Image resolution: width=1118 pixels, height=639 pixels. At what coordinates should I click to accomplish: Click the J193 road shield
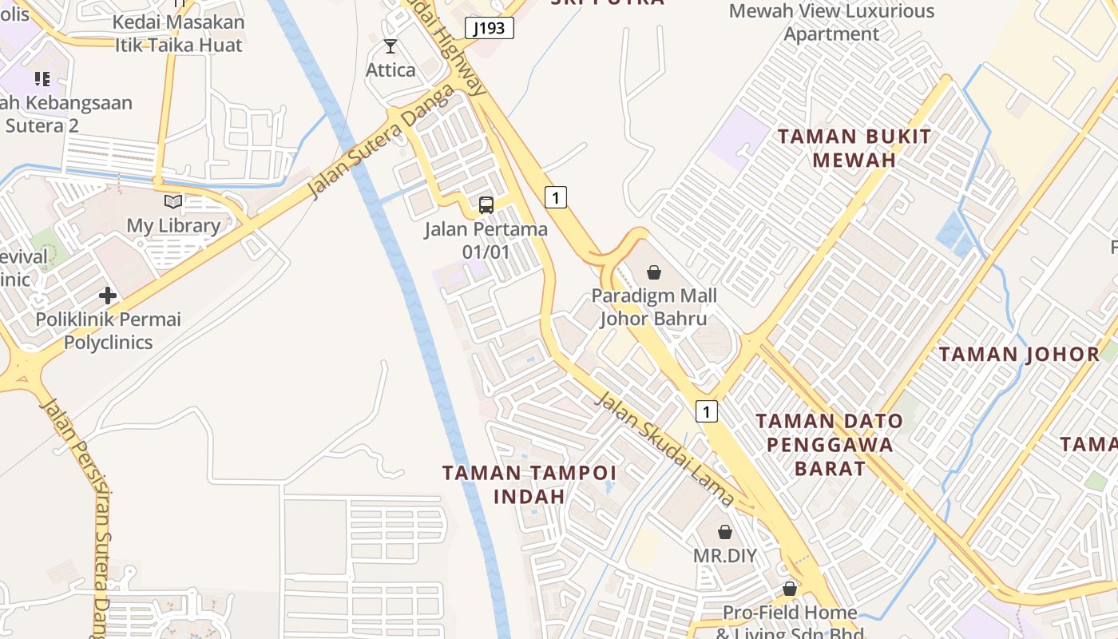coord(489,29)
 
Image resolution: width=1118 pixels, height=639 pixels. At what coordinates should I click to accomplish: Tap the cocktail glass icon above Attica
coord(391,46)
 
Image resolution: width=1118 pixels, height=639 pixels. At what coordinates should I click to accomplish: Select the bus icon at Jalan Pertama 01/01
coord(486,205)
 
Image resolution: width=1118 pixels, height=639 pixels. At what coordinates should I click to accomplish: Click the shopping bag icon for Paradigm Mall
coord(654,272)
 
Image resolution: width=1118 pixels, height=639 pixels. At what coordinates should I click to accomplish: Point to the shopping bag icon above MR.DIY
coord(725,532)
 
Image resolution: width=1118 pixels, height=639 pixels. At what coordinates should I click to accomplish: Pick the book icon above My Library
coord(173,202)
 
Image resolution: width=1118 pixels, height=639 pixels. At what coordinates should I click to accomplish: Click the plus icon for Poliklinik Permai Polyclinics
coord(108,296)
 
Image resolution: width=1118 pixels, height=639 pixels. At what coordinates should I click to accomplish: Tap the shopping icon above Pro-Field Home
coord(790,589)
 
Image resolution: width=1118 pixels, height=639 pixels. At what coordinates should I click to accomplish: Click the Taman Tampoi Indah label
coord(529,484)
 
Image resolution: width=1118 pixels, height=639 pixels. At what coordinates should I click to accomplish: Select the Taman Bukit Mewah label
coord(854,148)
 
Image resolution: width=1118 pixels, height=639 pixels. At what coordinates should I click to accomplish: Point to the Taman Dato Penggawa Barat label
coord(830,444)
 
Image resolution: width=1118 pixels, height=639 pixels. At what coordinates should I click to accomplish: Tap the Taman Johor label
coord(1019,354)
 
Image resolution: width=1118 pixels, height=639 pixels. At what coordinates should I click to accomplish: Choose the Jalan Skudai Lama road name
coord(664,449)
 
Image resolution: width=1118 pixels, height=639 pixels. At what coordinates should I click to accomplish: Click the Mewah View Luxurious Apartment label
coord(831,22)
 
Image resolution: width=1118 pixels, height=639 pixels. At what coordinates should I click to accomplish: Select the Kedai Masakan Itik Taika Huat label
coord(179,34)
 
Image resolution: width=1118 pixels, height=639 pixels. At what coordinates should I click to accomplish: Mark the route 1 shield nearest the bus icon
coord(556,196)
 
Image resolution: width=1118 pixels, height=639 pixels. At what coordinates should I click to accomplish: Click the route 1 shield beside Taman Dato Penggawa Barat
coord(707,411)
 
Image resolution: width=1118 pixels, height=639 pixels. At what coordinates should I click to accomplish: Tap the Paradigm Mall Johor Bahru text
coord(654,308)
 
